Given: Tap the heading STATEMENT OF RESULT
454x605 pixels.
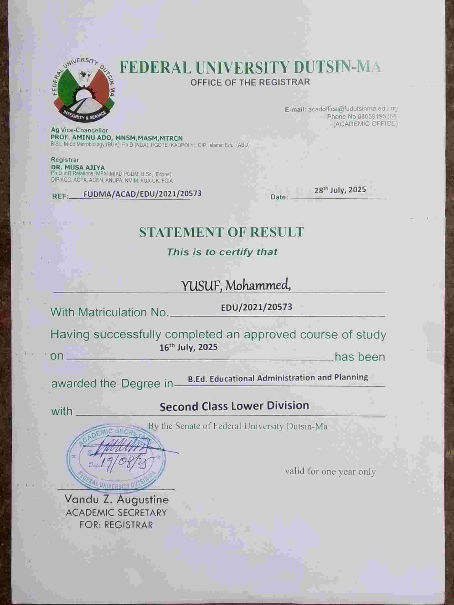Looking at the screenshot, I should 221,232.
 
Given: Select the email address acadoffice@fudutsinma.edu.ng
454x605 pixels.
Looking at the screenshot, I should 353,109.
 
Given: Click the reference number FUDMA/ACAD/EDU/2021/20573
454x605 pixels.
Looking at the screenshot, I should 142,194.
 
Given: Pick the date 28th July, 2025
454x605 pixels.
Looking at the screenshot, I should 340,190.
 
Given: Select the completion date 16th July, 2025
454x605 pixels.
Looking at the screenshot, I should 188,347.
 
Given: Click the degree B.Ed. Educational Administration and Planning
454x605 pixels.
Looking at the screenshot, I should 278,378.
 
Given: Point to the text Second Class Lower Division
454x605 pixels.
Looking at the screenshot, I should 234,406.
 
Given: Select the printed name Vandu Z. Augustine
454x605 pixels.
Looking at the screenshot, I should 116,500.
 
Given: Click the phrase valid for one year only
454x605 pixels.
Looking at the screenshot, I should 330,471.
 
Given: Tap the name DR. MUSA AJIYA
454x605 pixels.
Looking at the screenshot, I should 78,167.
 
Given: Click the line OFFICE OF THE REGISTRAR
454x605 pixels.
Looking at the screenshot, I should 250,82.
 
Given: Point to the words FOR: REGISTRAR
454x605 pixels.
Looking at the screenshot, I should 116,525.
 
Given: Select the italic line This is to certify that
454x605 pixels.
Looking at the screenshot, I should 222,252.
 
